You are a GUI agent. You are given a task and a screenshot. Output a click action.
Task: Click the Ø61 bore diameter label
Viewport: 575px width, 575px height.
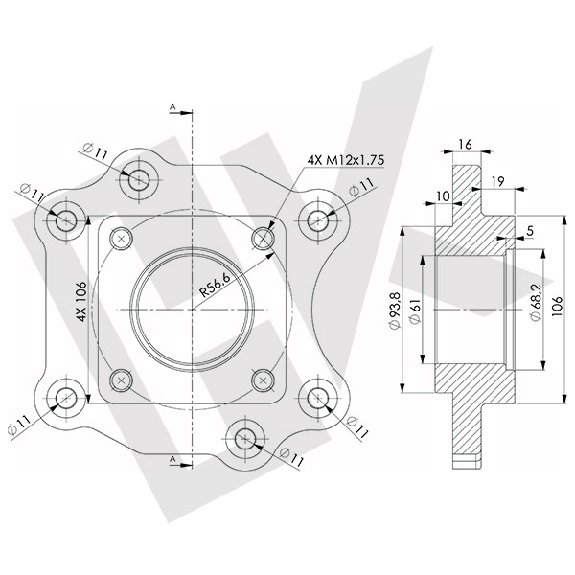pos(418,311)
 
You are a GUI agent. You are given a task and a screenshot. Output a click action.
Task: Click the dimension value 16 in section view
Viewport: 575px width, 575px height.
pos(466,143)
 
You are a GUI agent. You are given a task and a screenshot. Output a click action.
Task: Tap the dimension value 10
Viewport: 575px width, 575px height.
pos(441,195)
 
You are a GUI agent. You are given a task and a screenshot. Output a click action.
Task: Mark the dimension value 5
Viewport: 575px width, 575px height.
pos(530,230)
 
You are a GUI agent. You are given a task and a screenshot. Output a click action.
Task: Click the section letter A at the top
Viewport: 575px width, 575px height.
pos(172,104)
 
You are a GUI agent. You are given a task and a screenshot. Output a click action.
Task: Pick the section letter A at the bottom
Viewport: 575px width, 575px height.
pos(172,461)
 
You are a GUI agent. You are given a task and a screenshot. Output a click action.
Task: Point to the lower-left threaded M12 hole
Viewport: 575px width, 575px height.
pos(121,379)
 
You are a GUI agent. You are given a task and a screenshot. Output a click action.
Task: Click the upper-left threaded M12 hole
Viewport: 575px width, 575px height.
pos(121,238)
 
